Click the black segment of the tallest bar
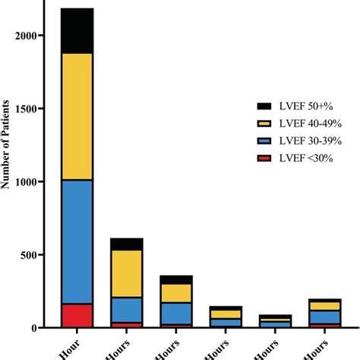coord(87,31)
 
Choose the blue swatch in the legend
coord(264,141)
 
